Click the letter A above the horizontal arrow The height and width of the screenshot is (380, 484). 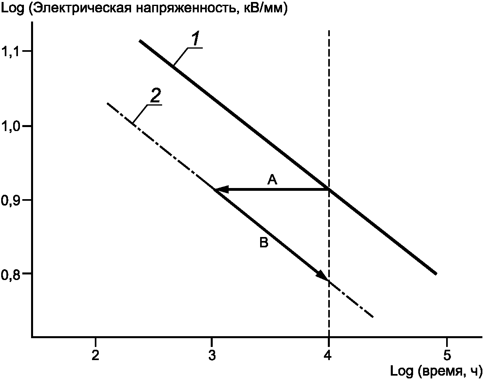pyautogui.click(x=272, y=180)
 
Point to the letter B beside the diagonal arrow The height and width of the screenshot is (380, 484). pyautogui.click(x=264, y=243)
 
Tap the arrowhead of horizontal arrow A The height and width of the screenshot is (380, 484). pyautogui.click(x=220, y=190)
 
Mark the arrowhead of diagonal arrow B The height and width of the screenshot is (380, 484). pyautogui.click(x=323, y=276)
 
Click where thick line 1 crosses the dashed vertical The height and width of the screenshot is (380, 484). pyautogui.click(x=329, y=189)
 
